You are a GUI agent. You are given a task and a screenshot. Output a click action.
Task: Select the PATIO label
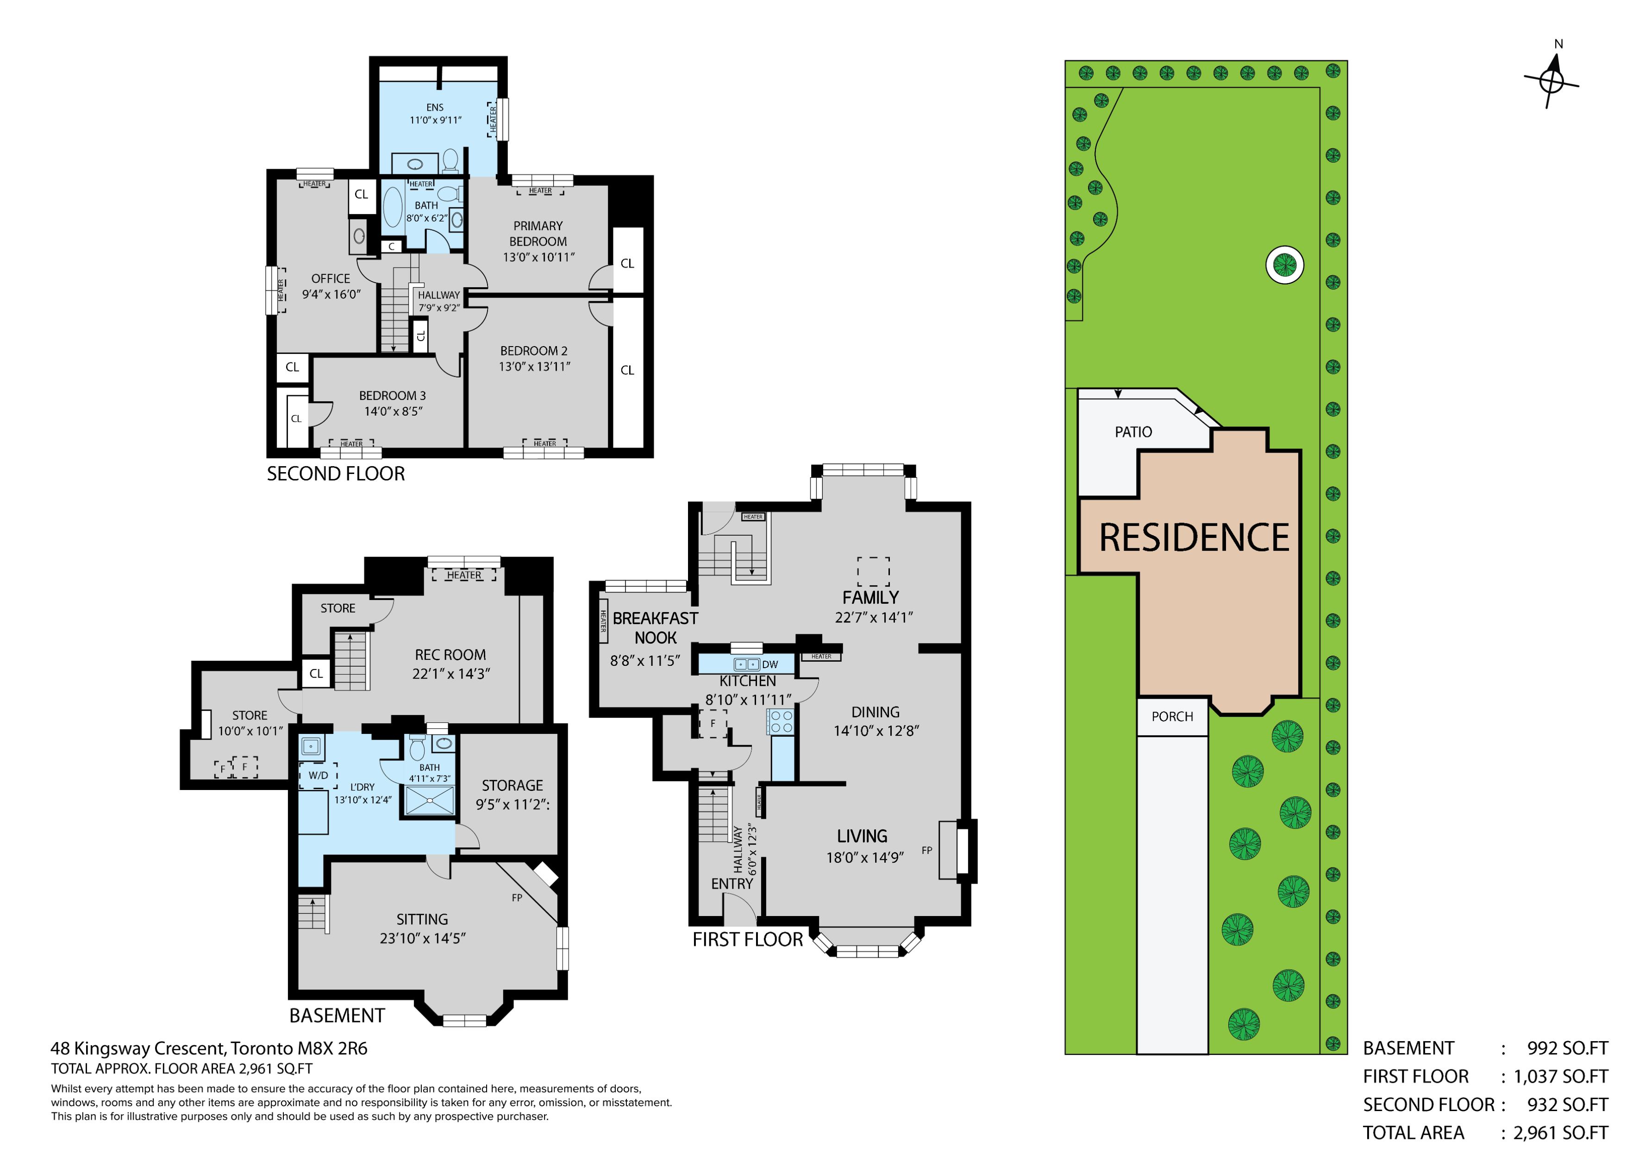pyautogui.click(x=1133, y=432)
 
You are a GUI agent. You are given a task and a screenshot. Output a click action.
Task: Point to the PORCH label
pyautogui.click(x=1172, y=716)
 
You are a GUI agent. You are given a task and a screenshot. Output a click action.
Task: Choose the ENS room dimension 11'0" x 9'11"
pyautogui.click(x=435, y=120)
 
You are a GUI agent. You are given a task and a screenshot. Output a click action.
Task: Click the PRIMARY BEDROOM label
pyautogui.click(x=538, y=234)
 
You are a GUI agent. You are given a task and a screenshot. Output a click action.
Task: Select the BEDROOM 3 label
pyautogui.click(x=393, y=396)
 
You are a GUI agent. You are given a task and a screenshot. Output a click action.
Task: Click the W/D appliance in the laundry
pyautogui.click(x=318, y=776)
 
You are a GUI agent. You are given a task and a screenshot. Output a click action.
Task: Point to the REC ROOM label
pyautogui.click(x=450, y=655)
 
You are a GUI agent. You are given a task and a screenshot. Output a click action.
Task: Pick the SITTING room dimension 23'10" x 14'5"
pyautogui.click(x=423, y=938)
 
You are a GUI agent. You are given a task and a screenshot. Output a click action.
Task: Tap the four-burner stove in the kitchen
pyautogui.click(x=781, y=721)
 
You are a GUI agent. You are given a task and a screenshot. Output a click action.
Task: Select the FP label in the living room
pyautogui.click(x=926, y=850)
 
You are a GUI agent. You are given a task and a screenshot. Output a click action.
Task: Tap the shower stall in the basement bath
pyautogui.click(x=430, y=800)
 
